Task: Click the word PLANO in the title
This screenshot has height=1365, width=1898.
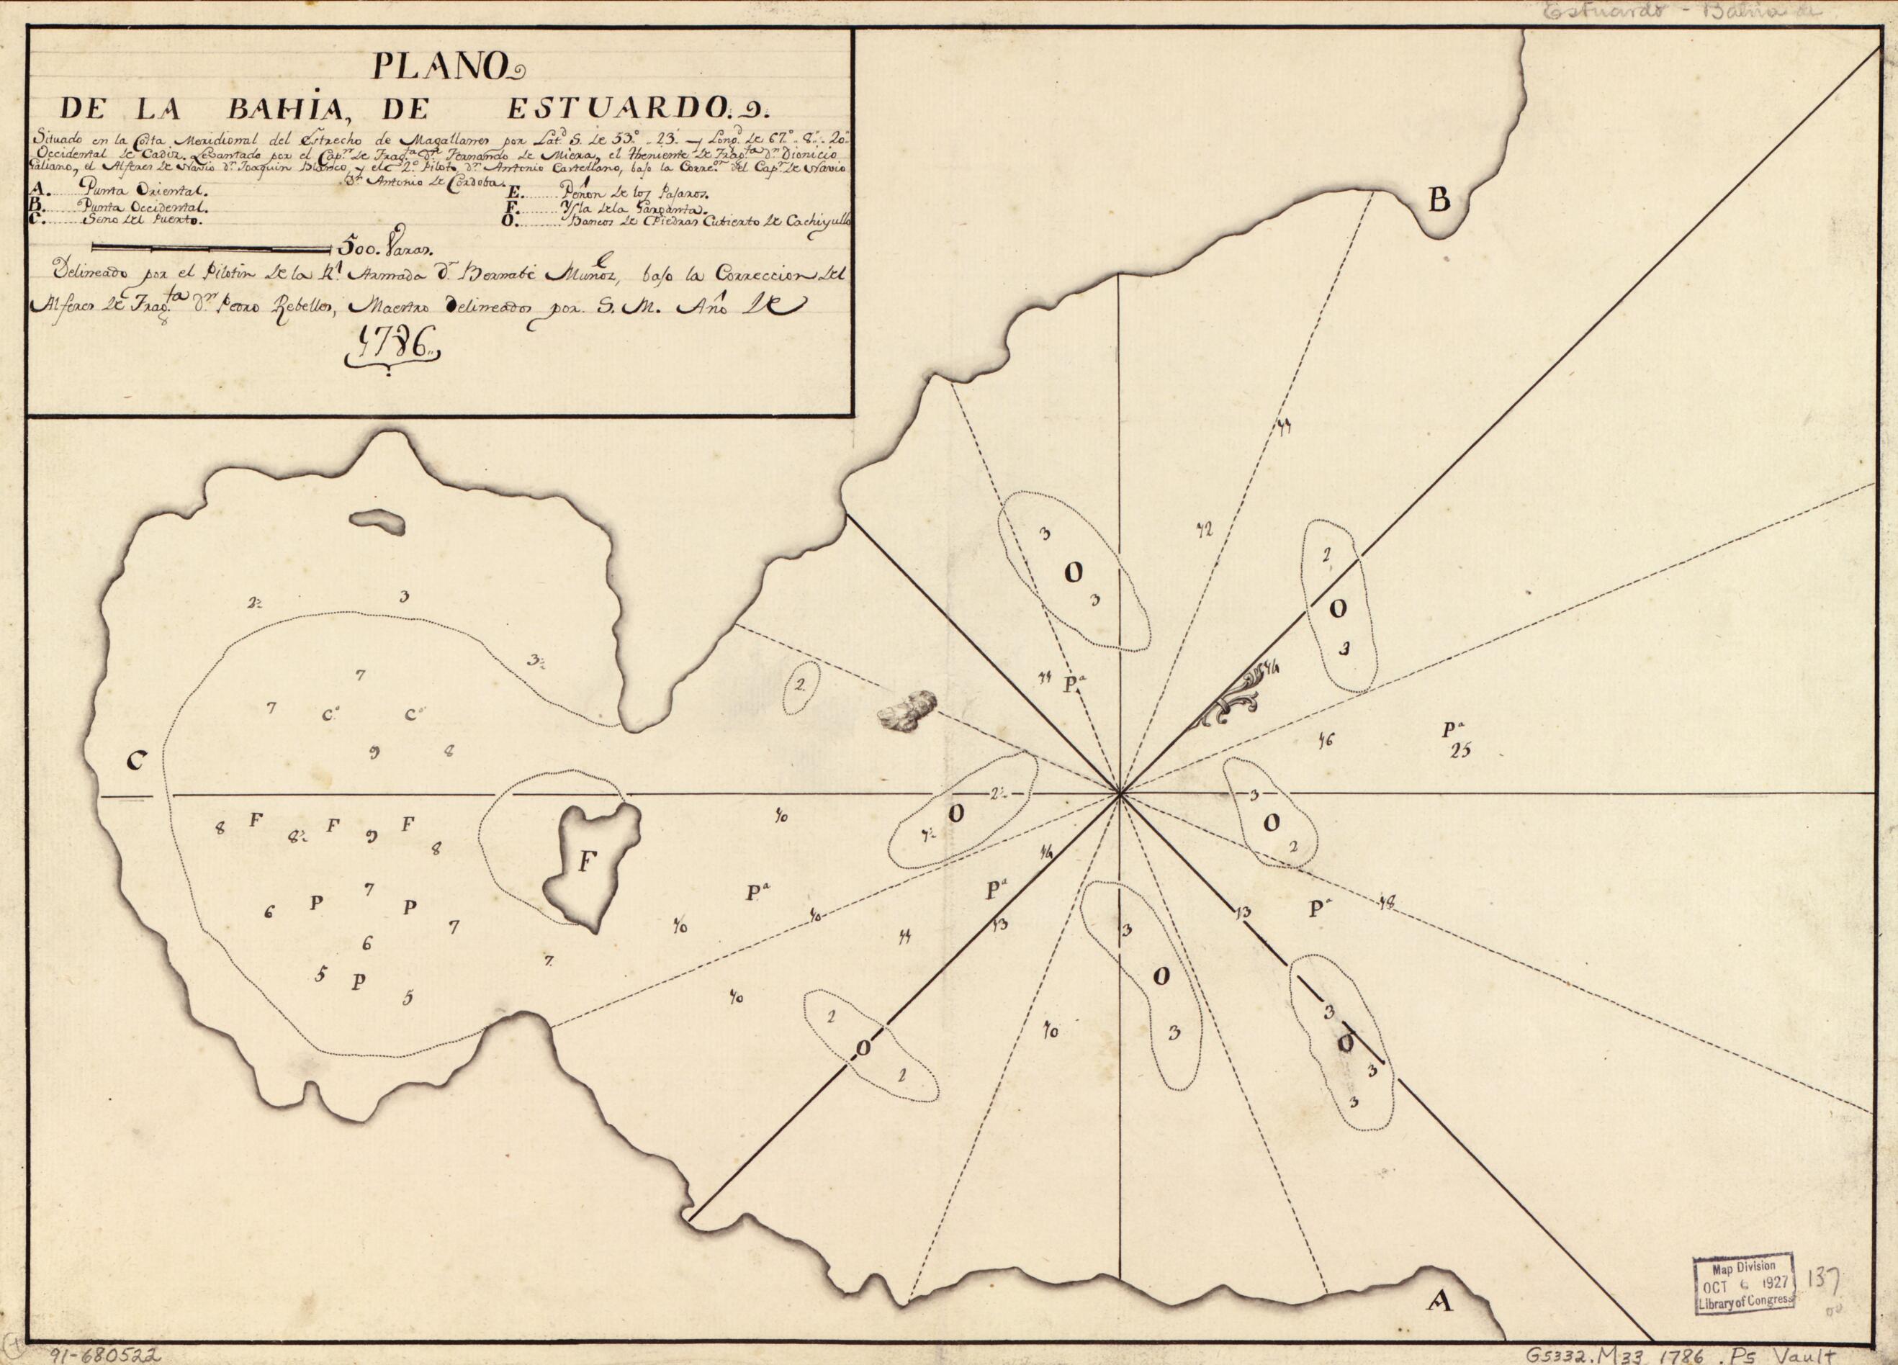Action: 446,66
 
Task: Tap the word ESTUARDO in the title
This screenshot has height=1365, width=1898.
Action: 624,108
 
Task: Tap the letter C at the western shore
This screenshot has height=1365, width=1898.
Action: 138,760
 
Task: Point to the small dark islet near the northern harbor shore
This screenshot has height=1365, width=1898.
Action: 377,522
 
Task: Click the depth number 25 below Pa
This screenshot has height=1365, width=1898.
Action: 1460,751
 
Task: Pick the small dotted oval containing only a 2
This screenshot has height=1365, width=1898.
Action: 801,685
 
